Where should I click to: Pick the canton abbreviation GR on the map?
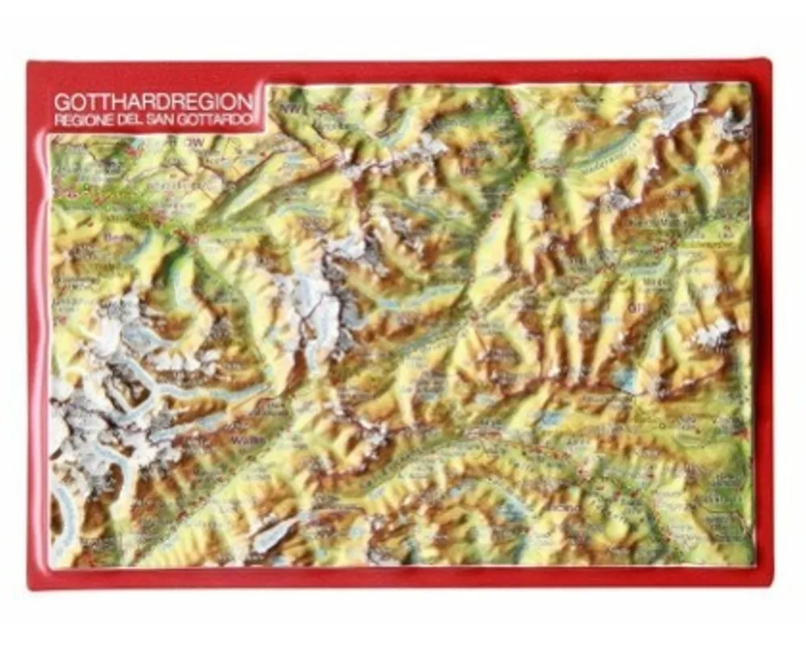635,307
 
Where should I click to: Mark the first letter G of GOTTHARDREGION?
60,103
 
